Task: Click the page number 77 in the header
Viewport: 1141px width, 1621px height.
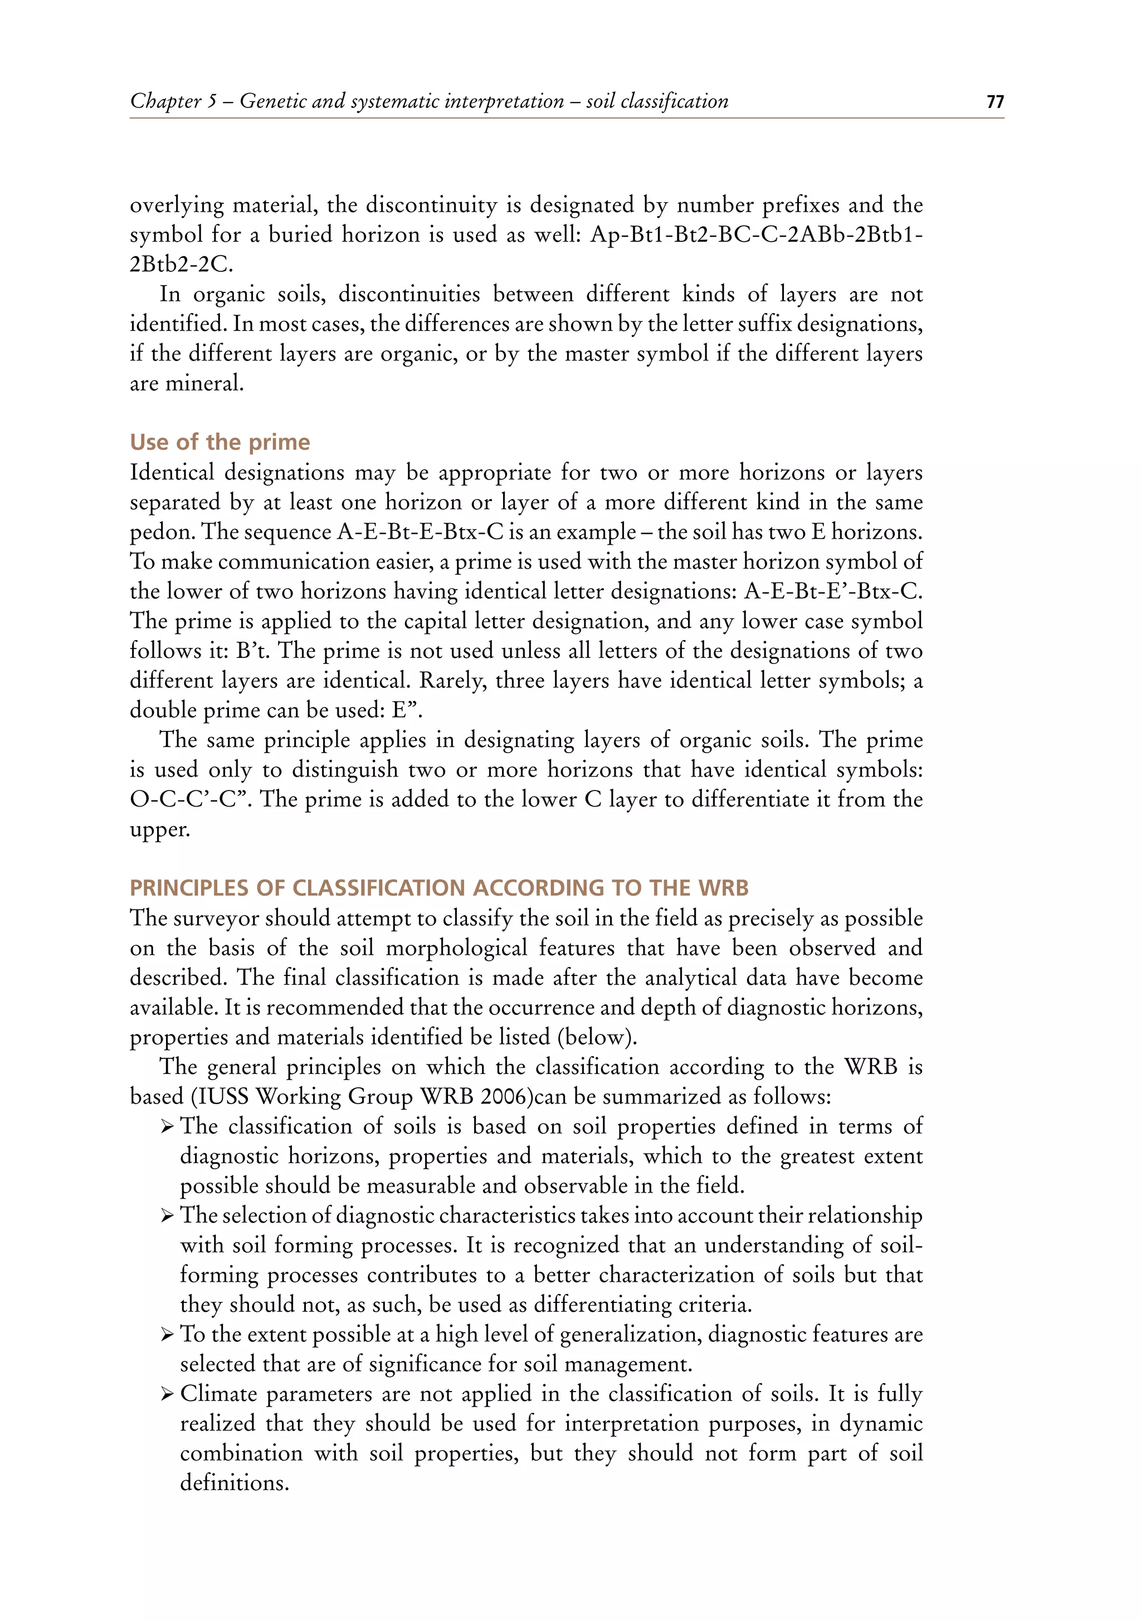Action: [x=994, y=102]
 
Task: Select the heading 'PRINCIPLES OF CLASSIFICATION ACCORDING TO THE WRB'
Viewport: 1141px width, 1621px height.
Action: [x=438, y=887]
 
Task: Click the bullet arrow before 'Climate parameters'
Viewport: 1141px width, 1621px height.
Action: [x=167, y=1394]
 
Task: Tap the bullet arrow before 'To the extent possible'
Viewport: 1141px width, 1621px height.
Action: [x=167, y=1335]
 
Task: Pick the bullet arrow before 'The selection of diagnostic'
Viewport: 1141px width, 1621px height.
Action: [x=167, y=1215]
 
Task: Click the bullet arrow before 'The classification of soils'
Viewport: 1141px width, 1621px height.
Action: [x=167, y=1127]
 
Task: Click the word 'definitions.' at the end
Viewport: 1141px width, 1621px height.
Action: [x=235, y=1483]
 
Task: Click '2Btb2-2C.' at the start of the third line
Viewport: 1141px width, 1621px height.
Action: [x=182, y=264]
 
